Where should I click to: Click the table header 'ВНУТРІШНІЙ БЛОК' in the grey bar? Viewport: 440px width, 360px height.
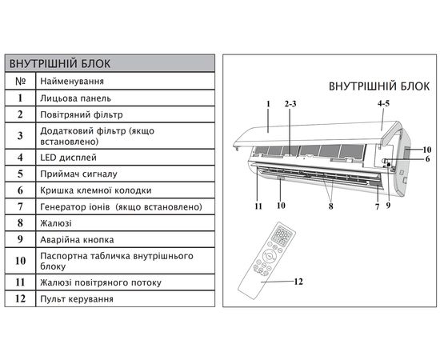tap(60, 64)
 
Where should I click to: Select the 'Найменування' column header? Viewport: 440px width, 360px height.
tap(72, 82)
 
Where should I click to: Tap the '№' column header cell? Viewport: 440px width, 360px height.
tap(20, 82)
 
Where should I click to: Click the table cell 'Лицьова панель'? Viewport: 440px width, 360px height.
tap(75, 98)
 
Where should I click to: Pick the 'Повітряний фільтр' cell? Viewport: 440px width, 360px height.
tap(82, 114)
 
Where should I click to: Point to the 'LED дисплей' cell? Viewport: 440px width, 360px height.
tap(69, 158)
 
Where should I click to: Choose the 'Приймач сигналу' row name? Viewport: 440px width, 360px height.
tap(78, 174)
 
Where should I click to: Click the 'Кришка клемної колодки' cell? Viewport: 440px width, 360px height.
tap(96, 190)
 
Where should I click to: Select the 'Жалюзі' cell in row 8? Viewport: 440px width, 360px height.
tap(56, 223)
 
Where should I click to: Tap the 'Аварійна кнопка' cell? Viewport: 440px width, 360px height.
tap(77, 240)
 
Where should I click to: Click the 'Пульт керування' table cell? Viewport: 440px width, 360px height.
tap(77, 299)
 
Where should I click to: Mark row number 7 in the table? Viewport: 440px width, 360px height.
tap(20, 206)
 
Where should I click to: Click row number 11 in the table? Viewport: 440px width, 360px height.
tap(20, 282)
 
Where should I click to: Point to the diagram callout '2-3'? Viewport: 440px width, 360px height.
tap(290, 104)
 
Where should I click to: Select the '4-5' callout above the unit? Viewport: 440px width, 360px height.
tap(383, 103)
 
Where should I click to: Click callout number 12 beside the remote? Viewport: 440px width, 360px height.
tap(298, 281)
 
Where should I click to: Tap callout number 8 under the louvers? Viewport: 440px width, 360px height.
tap(331, 206)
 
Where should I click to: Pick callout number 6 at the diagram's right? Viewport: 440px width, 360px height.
tap(427, 159)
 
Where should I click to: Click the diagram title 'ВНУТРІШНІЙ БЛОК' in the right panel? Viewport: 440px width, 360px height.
tap(379, 86)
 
